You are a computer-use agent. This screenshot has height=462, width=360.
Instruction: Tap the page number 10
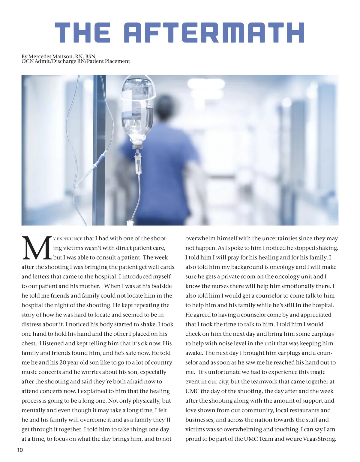click(x=20, y=450)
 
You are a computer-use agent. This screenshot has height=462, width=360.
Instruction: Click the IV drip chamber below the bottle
click(x=138, y=163)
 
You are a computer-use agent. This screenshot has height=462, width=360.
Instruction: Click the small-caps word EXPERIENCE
click(x=69, y=239)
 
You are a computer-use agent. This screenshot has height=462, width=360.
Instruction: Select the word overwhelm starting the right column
click(x=200, y=238)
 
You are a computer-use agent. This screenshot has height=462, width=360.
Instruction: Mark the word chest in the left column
click(x=29, y=343)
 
